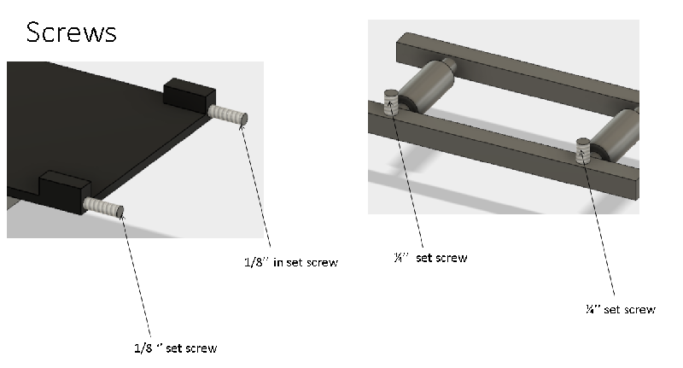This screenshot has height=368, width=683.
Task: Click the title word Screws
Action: point(72,32)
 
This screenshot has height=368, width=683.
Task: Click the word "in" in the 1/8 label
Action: point(278,262)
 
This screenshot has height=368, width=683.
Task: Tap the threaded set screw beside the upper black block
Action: point(228,115)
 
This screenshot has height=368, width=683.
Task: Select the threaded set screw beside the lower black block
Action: point(103,207)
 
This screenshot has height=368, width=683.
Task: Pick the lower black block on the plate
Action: point(66,190)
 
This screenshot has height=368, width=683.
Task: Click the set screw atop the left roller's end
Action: point(391,102)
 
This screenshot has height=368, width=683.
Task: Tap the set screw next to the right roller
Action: point(583,150)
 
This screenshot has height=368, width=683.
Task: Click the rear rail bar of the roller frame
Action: point(517,73)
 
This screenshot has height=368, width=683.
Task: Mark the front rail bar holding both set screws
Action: point(503,150)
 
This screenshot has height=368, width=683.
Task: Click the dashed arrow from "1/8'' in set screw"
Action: point(255,185)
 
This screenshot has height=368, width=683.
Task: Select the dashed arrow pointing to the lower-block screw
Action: point(135,273)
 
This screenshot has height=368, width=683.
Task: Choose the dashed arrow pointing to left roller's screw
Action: point(406,174)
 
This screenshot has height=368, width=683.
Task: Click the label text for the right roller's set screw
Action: point(621,309)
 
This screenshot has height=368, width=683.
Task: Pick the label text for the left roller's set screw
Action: point(431,258)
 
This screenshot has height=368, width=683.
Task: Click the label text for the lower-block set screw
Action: point(176,348)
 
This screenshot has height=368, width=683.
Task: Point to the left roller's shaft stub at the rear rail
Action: point(450,64)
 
